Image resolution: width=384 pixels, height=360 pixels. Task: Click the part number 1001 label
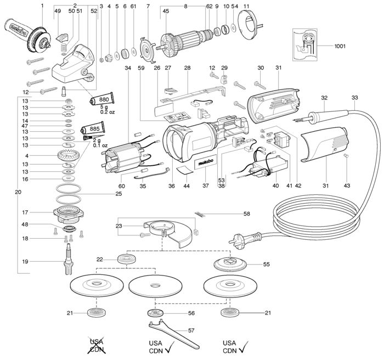pos(340,46)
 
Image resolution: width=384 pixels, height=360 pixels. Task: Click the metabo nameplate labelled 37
pos(206,163)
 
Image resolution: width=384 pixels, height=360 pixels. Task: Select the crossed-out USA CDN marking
pos(97,345)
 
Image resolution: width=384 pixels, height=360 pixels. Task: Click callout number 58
pos(247,213)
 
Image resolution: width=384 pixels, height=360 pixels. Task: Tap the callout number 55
pos(266,264)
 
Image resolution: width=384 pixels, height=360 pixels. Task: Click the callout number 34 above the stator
pos(128,68)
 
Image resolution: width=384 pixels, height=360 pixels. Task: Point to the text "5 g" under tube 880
pos(104,107)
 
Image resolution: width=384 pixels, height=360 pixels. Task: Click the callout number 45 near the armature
pos(166,11)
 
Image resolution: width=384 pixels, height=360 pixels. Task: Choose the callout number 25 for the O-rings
pos(118,194)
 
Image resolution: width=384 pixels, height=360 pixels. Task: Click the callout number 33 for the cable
pos(354,98)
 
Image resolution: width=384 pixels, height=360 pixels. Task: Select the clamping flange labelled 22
pos(127,259)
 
